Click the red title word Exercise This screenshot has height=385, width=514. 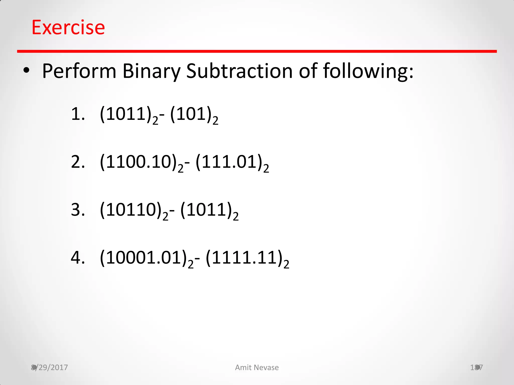tap(68, 27)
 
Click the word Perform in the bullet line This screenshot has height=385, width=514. tap(79, 71)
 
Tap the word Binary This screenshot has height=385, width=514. tap(151, 71)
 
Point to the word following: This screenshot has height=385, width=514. tap(368, 71)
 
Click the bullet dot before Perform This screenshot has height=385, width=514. tap(26, 71)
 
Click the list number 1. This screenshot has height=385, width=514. tap(78, 114)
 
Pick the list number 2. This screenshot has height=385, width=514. tap(78, 162)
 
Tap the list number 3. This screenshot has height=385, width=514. tap(78, 210)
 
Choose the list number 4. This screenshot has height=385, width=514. tap(78, 258)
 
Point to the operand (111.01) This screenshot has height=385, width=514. tap(229, 162)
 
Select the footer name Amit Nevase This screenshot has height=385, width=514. tap(257, 367)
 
